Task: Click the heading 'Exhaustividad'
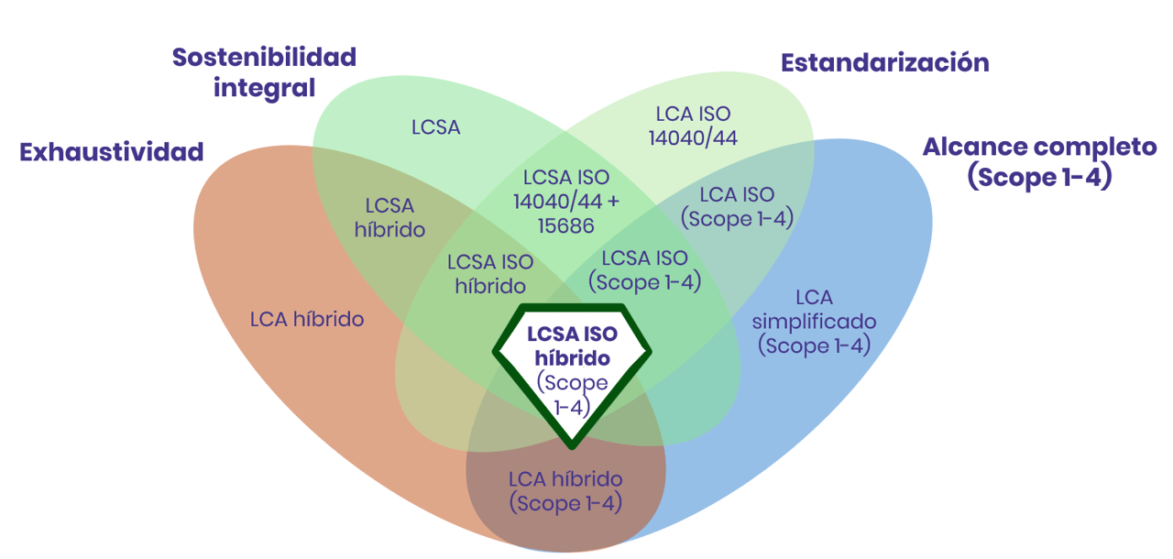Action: [x=111, y=152]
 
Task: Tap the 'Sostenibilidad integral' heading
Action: [x=264, y=72]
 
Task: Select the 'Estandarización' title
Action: [x=884, y=62]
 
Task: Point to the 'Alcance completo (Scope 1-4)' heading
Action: [x=1039, y=161]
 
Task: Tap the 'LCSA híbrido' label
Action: [x=389, y=217]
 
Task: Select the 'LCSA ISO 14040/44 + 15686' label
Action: [x=565, y=201]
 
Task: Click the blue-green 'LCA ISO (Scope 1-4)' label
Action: [x=736, y=206]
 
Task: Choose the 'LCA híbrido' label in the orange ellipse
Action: [x=307, y=319]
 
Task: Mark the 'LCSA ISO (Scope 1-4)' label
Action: [x=643, y=269]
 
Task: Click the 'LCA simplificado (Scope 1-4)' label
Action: [x=813, y=321]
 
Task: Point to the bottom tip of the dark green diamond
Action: [x=572, y=446]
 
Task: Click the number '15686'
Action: [x=565, y=225]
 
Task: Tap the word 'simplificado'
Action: [x=814, y=322]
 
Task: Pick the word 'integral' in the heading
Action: [x=264, y=88]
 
